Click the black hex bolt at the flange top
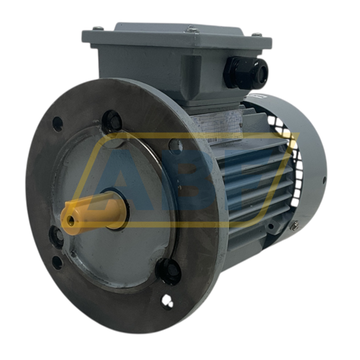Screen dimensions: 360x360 coord(112,121)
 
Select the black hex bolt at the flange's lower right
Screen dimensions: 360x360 coord(168,271)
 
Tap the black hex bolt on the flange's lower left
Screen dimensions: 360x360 coord(55,235)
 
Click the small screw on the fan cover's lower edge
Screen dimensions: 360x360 coord(294,225)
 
